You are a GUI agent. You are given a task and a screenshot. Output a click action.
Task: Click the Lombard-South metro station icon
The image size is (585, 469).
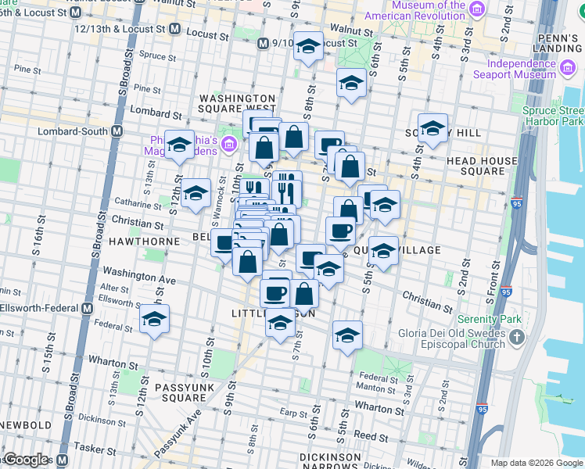pyautogui.click(x=117, y=131)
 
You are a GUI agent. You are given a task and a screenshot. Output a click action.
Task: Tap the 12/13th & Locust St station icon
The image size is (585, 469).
pyautogui.click(x=174, y=29)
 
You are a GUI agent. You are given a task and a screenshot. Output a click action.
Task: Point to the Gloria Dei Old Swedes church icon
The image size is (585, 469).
pyautogui.click(x=515, y=337)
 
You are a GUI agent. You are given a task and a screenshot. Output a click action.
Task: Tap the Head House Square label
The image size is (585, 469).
pyautogui.click(x=482, y=166)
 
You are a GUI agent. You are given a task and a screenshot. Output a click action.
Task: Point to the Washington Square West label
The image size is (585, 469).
pyautogui.click(x=237, y=103)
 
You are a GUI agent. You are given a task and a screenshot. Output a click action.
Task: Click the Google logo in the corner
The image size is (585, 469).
pyautogui.click(x=27, y=460)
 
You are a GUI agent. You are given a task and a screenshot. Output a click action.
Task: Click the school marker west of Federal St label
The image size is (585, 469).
pyautogui.click(x=155, y=319)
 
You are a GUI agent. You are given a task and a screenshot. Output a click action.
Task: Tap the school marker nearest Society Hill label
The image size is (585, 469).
pyautogui.click(x=432, y=129)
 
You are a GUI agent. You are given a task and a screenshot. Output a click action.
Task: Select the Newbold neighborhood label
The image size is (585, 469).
pyautogui.click(x=25, y=425)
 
